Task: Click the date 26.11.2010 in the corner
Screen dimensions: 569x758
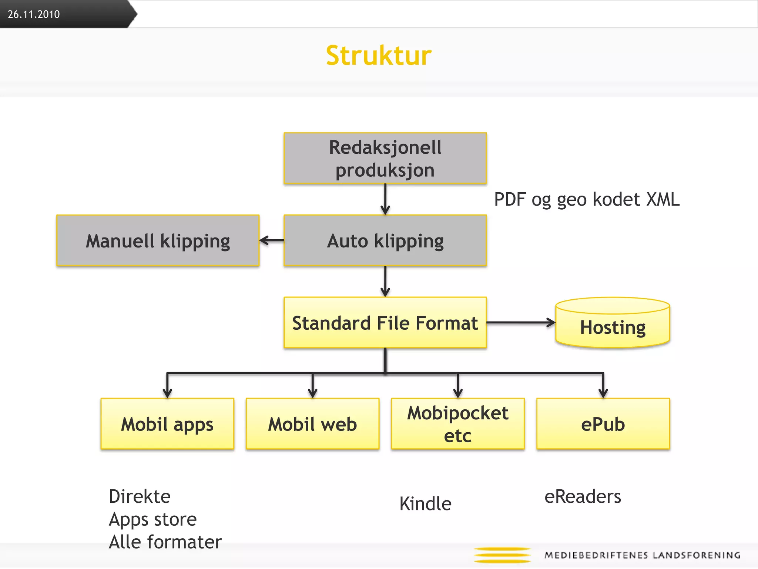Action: pyautogui.click(x=34, y=14)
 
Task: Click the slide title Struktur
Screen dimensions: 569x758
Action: pyautogui.click(x=379, y=56)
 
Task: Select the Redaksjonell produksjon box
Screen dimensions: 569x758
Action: pyautogui.click(x=385, y=159)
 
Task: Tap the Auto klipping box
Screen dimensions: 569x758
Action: pyautogui.click(x=385, y=241)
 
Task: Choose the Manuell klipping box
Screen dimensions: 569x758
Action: pyautogui.click(x=158, y=241)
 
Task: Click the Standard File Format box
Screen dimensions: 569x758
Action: pyautogui.click(x=385, y=323)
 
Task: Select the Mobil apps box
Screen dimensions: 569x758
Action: pyautogui.click(x=167, y=424)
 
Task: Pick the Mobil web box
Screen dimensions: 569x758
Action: pyautogui.click(x=312, y=424)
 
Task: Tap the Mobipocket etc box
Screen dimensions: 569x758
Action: pyautogui.click(x=458, y=424)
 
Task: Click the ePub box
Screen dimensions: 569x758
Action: pyautogui.click(x=603, y=424)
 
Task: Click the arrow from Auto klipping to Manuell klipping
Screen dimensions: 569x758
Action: pyautogui.click(x=272, y=240)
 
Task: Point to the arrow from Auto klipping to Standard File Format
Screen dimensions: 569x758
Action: pyautogui.click(x=385, y=282)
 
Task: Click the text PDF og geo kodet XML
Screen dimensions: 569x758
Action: pyautogui.click(x=587, y=200)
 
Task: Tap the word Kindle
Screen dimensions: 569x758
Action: pyautogui.click(x=425, y=504)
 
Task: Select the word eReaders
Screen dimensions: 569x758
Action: pyautogui.click(x=583, y=496)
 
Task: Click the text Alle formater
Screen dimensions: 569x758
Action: pyautogui.click(x=165, y=542)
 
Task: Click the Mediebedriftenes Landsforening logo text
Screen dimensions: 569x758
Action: pyautogui.click(x=642, y=555)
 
